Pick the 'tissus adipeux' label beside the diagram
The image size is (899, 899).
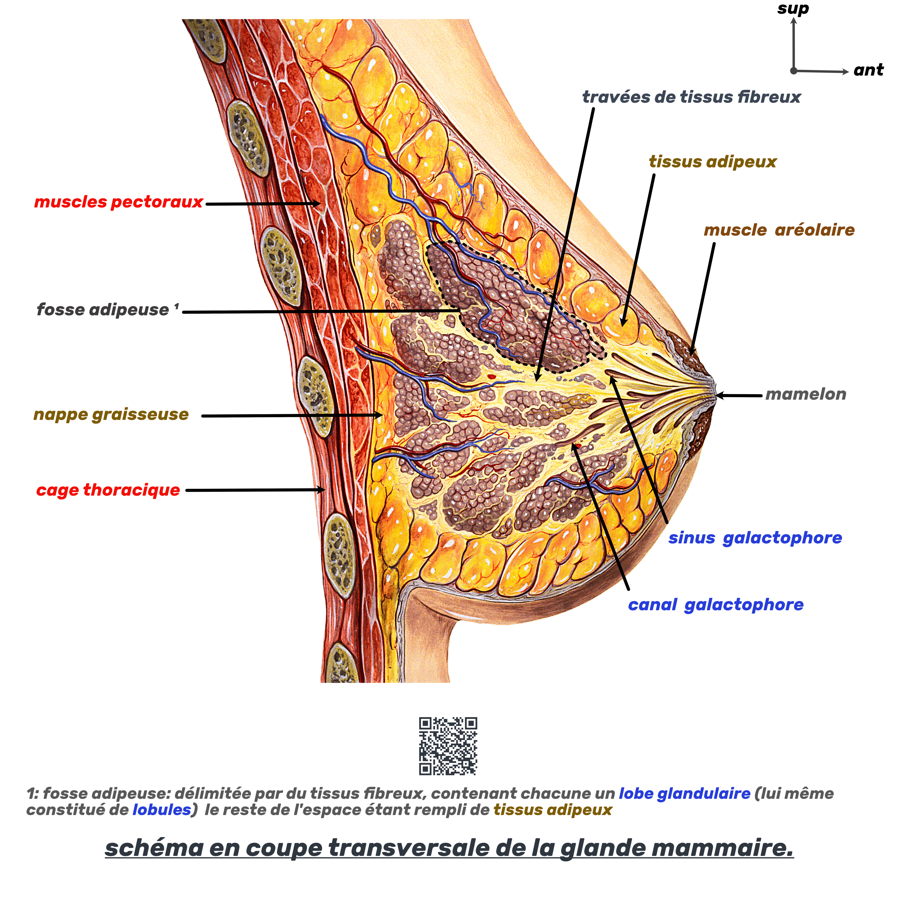[x=712, y=162]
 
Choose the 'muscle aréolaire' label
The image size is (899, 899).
[x=779, y=230]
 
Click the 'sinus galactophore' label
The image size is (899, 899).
[x=755, y=538]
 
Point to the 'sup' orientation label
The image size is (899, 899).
[x=793, y=8]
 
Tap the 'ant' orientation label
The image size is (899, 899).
[x=868, y=70]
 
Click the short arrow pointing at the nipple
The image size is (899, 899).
[x=740, y=396]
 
